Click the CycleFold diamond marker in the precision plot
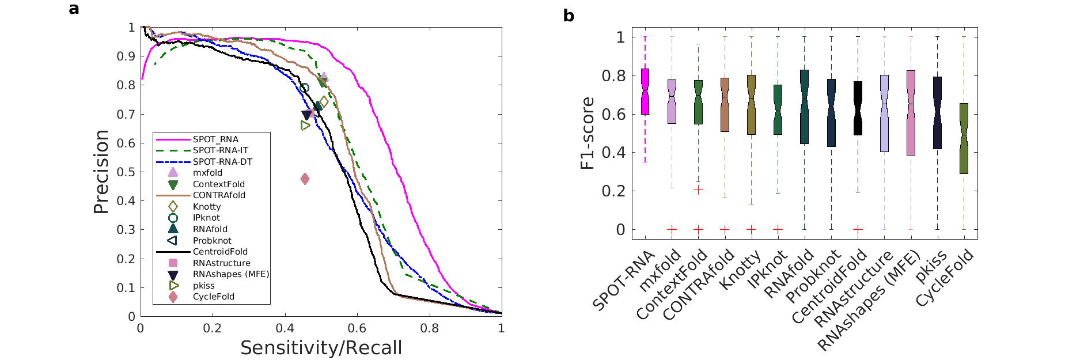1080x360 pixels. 305,179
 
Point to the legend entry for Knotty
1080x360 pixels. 207,207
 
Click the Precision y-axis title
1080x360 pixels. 101,172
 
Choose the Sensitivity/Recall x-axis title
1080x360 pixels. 321,348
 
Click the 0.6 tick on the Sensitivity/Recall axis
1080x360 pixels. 357,328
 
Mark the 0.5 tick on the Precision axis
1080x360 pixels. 127,172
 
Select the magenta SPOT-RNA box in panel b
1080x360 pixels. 645,92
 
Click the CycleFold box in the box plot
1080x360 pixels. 964,138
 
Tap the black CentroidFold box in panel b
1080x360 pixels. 858,108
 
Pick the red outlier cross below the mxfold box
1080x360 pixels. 672,229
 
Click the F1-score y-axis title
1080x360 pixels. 587,133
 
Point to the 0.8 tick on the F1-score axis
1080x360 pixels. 613,75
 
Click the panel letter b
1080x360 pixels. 569,16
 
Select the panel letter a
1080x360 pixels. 74,9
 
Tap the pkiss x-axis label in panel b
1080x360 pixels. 931,268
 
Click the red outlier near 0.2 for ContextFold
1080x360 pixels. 698,190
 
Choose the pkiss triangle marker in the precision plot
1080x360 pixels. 305,126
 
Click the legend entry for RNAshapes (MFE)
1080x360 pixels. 230,274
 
